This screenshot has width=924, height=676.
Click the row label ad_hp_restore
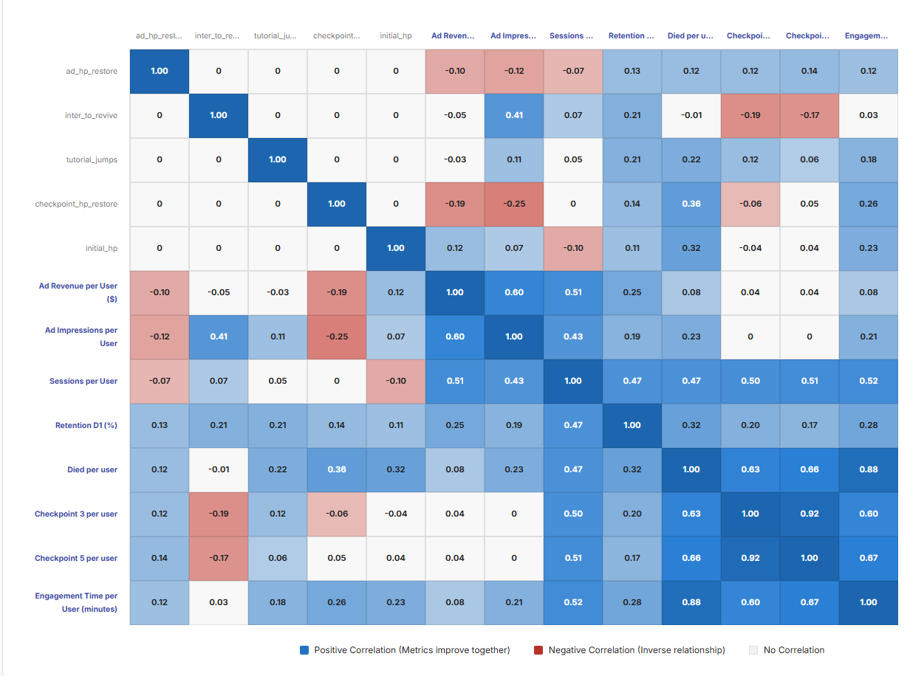pyautogui.click(x=92, y=72)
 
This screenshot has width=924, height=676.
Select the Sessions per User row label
pyautogui.click(x=83, y=382)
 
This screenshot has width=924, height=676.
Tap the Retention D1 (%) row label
pyautogui.click(x=86, y=426)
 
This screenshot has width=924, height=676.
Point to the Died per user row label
pyautogui.click(x=92, y=470)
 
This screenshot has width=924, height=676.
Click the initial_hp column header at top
pyautogui.click(x=396, y=35)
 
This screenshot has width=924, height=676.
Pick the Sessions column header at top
pyautogui.click(x=572, y=35)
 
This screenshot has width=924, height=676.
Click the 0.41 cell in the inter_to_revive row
pyautogui.click(x=514, y=116)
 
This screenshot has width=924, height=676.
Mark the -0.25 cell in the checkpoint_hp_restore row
pyautogui.click(x=514, y=204)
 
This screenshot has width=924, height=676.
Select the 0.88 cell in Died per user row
pyautogui.click(x=869, y=470)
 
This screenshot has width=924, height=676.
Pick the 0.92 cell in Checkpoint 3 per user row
pyautogui.click(x=810, y=514)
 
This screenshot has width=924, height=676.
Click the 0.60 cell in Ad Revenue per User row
pyautogui.click(x=514, y=293)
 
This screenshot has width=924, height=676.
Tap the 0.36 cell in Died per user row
pyautogui.click(x=337, y=470)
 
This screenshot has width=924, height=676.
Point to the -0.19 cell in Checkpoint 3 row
pyautogui.click(x=219, y=514)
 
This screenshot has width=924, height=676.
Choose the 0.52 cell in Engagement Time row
pyautogui.click(x=573, y=603)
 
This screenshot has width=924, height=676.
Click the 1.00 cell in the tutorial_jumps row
pyautogui.click(x=278, y=160)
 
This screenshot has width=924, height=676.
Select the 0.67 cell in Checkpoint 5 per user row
pyautogui.click(x=869, y=559)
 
